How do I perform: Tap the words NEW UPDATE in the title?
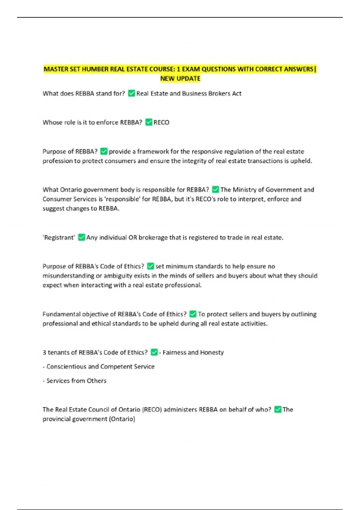click(x=180, y=79)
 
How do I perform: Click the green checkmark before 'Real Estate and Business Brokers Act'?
click(x=131, y=93)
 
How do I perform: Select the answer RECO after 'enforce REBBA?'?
click(x=161, y=122)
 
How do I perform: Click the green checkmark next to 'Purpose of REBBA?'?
click(x=104, y=151)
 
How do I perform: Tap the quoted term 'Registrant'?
click(x=59, y=238)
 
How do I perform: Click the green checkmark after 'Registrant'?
click(x=81, y=237)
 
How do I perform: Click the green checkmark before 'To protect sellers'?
click(x=193, y=314)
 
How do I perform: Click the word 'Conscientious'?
click(x=66, y=367)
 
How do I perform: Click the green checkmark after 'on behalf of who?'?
click(x=278, y=409)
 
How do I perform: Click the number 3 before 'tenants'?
click(x=44, y=352)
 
